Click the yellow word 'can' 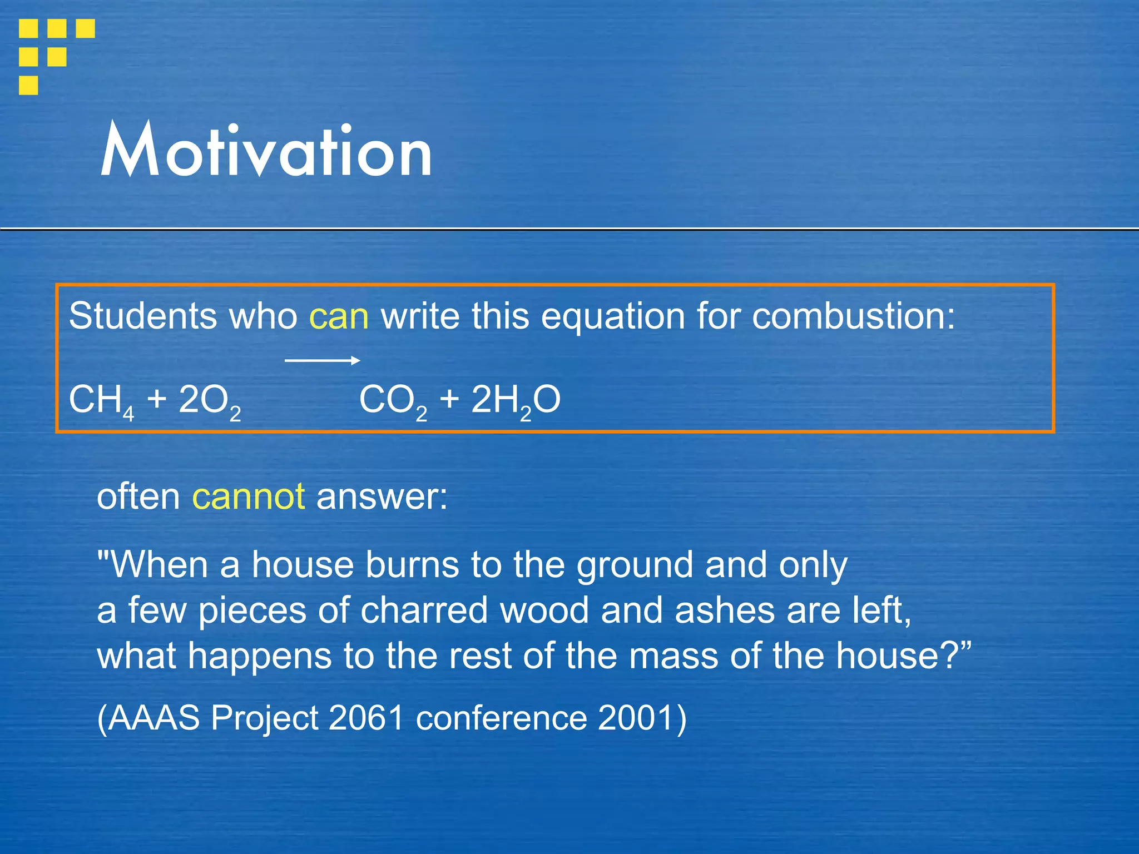point(339,317)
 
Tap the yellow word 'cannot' point(248,496)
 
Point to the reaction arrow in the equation point(322,361)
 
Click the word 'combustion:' point(853,317)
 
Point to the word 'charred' point(424,610)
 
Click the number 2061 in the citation point(366,718)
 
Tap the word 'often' point(138,496)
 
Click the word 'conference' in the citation point(501,718)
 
